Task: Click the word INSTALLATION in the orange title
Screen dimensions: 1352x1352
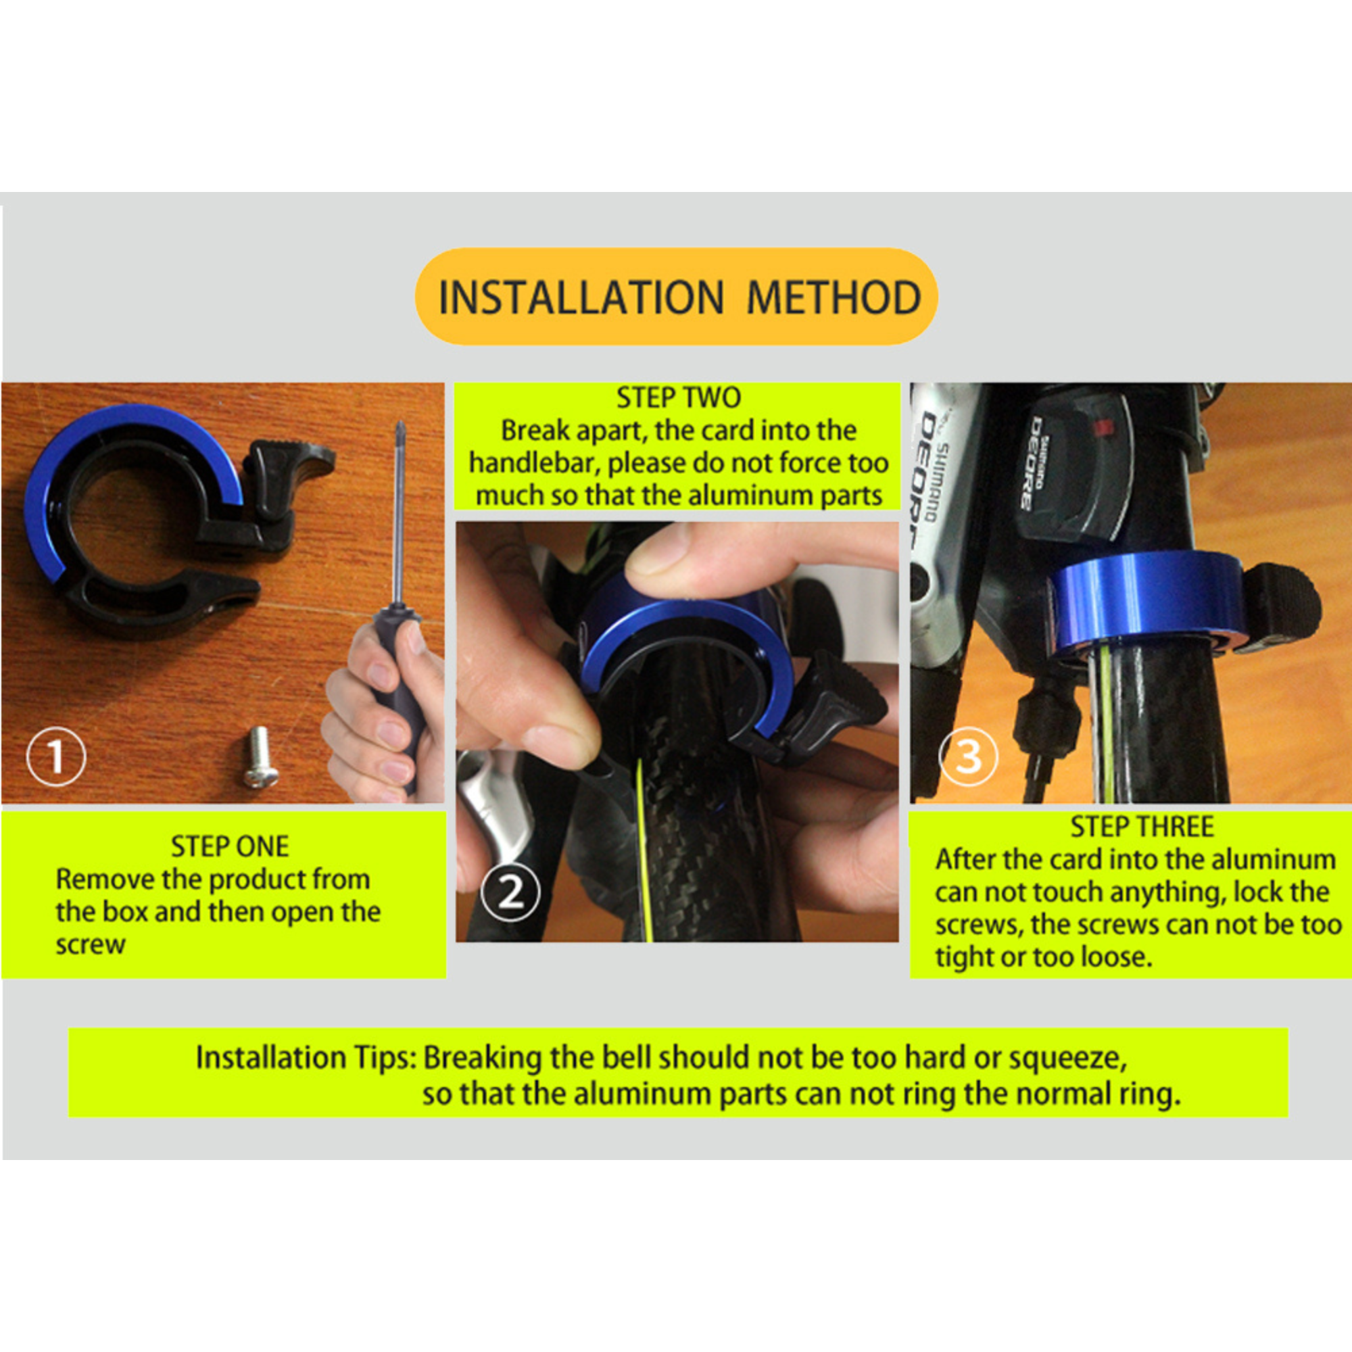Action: point(580,297)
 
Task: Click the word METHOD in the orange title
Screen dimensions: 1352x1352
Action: point(834,297)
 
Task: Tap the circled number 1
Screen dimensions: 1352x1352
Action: point(56,756)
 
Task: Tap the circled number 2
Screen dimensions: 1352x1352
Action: point(511,893)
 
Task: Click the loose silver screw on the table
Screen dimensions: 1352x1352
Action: point(259,756)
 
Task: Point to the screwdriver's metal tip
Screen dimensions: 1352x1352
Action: point(400,426)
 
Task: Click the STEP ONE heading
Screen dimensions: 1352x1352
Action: point(230,847)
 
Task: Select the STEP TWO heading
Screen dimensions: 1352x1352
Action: point(678,397)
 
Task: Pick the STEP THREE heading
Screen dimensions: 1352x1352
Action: point(1142,827)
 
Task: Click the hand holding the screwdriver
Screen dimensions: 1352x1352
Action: point(383,714)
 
